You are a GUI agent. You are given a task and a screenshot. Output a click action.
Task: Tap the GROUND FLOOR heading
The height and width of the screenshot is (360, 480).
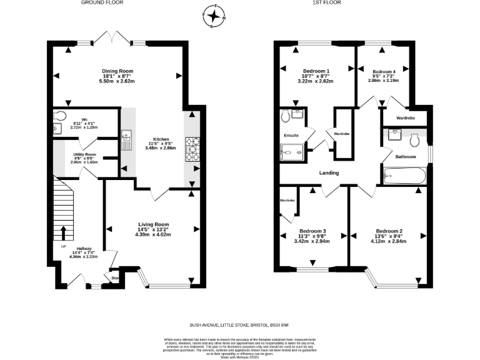pos(102,3)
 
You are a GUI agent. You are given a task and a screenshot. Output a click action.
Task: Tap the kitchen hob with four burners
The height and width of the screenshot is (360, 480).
pos(191,149)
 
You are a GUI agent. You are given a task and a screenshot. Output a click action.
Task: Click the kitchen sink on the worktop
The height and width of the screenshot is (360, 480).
pos(127,136)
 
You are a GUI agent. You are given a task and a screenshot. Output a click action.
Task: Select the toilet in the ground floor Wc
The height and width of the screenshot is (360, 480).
pos(60,116)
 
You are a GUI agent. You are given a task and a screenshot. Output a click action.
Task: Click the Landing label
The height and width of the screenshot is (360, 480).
pos(329,173)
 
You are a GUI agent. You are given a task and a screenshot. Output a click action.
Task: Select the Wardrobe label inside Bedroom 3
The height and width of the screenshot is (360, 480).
pos(287,200)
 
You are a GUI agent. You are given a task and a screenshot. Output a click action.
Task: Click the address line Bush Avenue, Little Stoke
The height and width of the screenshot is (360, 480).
pos(240,325)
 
